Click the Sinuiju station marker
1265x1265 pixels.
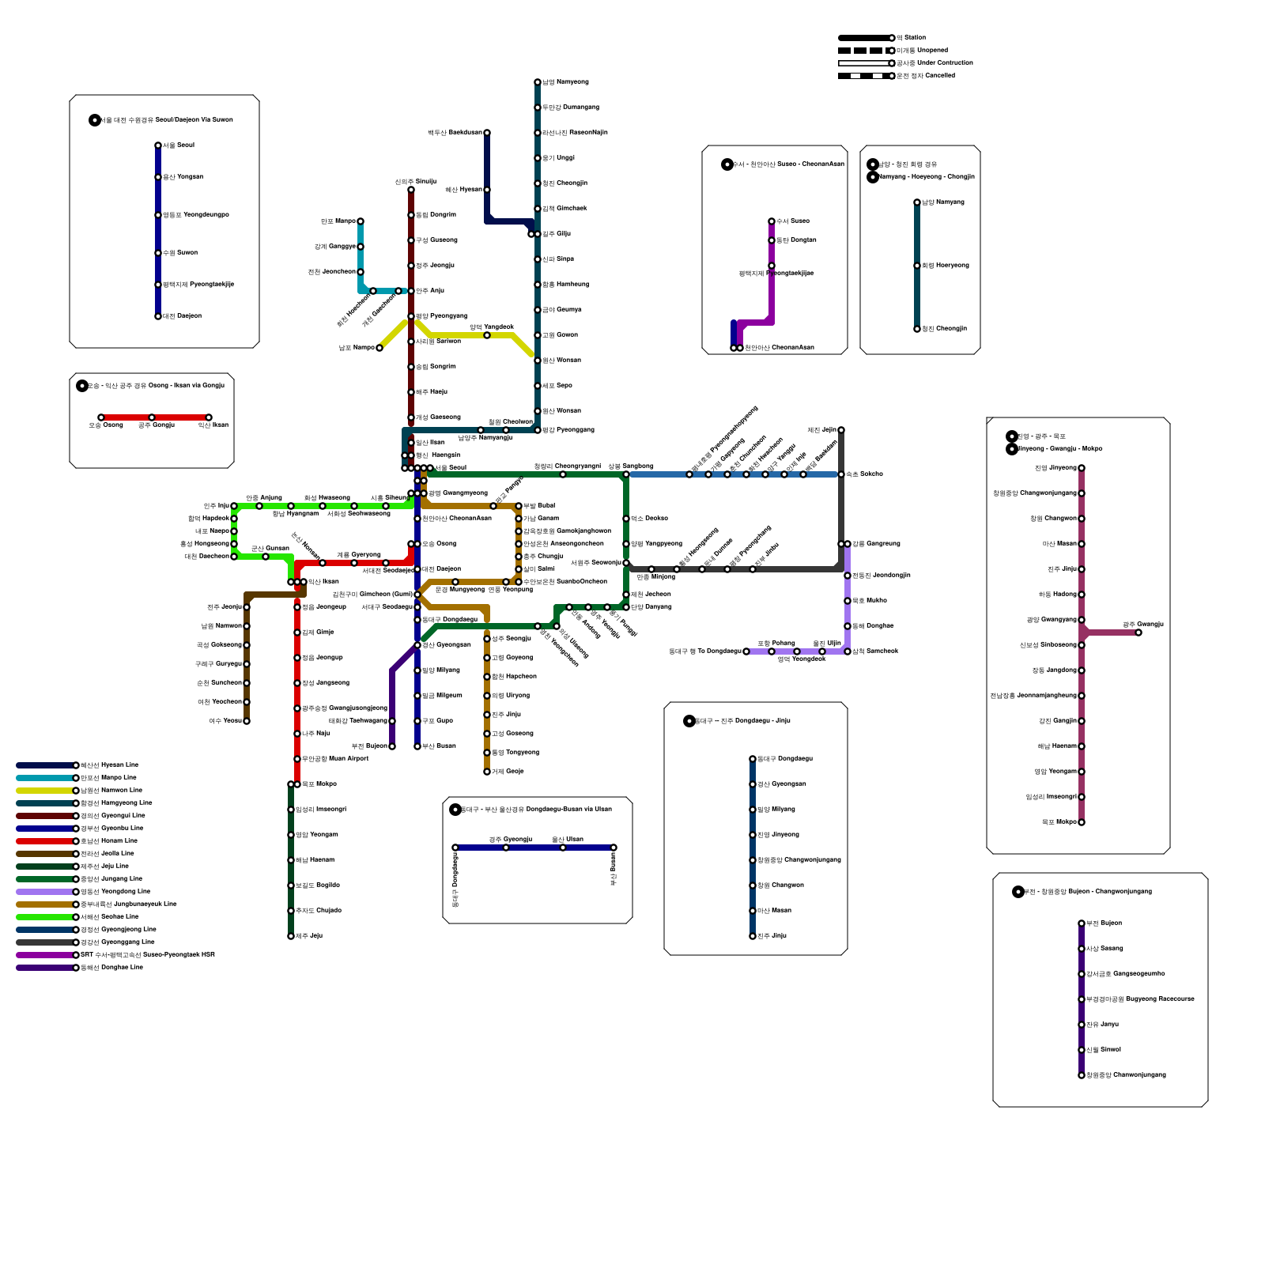click(x=411, y=190)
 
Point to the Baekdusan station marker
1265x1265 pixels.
click(x=487, y=133)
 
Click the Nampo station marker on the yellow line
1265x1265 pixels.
click(x=379, y=348)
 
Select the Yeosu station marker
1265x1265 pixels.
click(x=247, y=721)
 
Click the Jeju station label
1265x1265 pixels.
click(x=309, y=936)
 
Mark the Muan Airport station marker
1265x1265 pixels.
click(x=297, y=759)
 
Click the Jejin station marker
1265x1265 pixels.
click(x=841, y=430)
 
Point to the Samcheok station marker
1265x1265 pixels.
click(x=848, y=651)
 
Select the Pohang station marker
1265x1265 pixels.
click(x=772, y=651)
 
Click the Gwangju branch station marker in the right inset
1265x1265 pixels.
click(x=1138, y=632)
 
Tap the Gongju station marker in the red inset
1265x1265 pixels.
click(x=152, y=417)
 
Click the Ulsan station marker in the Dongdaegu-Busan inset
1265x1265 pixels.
click(x=563, y=848)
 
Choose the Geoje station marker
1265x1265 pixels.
click(x=487, y=772)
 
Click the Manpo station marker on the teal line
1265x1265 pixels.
click(x=361, y=221)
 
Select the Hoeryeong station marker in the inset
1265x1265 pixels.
click(x=917, y=266)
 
